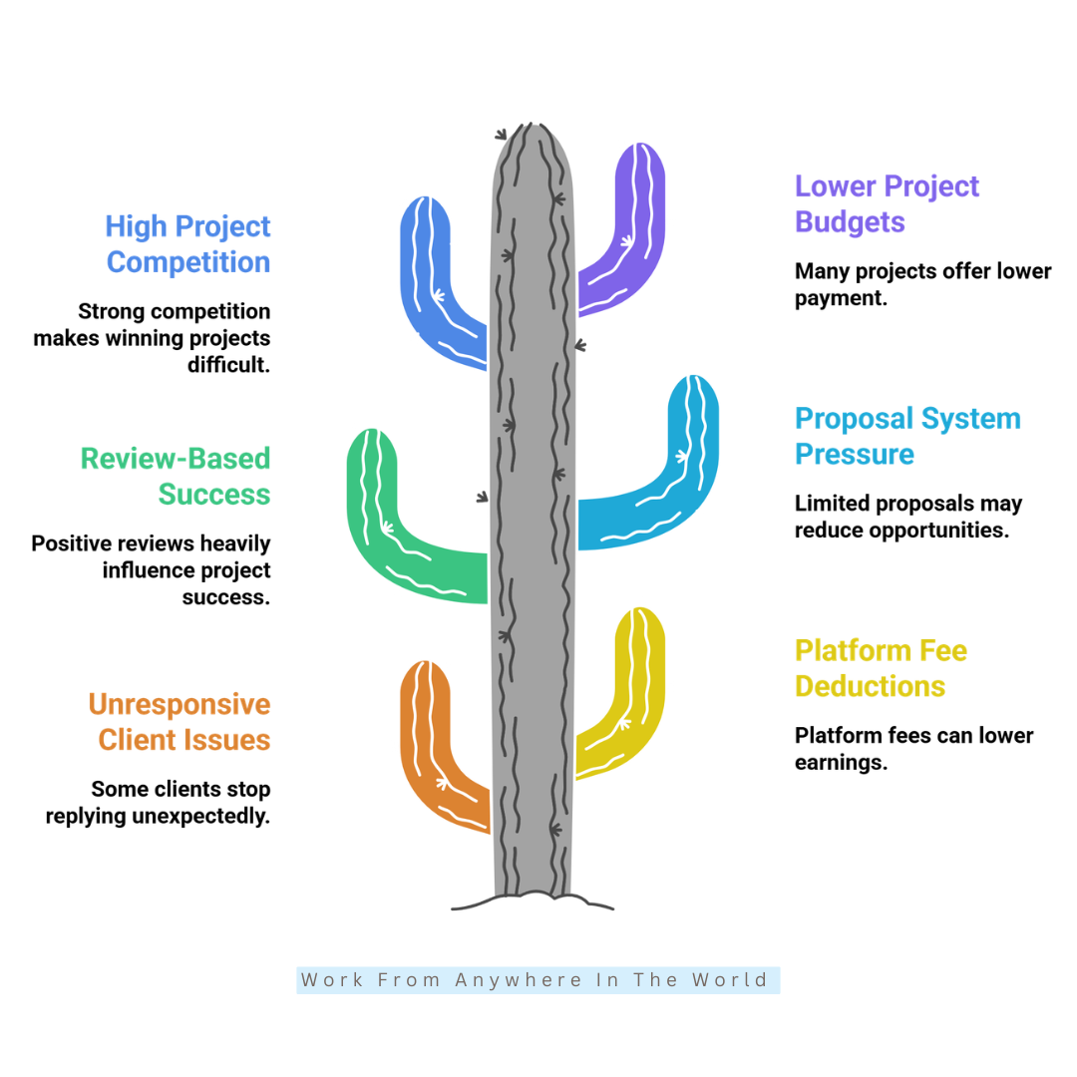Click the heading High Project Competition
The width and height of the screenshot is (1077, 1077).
pyautogui.click(x=188, y=244)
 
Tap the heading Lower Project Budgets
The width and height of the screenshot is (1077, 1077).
pyautogui.click(x=887, y=204)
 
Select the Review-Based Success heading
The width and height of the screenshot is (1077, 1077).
pyautogui.click(x=176, y=477)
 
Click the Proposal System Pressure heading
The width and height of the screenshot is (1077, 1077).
pyautogui.click(x=907, y=436)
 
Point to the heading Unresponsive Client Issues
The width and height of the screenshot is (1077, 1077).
pyautogui.click(x=179, y=722)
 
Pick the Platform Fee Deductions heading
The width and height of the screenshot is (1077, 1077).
pyautogui.click(x=881, y=668)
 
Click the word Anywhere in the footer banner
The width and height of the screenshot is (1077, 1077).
pyautogui.click(x=519, y=980)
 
